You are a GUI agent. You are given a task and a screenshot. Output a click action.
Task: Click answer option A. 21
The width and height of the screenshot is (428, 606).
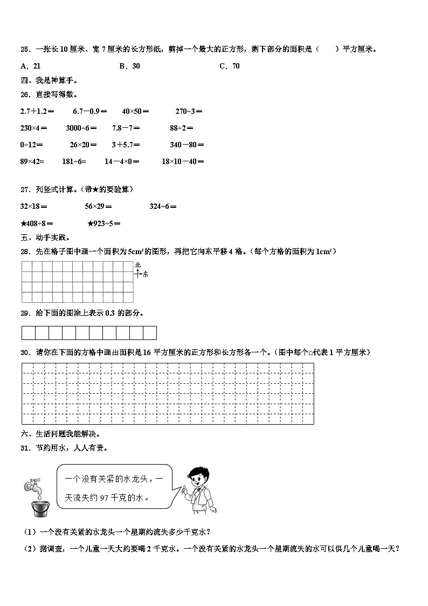tap(30, 66)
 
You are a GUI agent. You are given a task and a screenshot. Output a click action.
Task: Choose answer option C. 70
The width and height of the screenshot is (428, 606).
tap(229, 66)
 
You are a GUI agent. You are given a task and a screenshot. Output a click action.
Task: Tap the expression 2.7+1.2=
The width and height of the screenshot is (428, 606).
tap(37, 111)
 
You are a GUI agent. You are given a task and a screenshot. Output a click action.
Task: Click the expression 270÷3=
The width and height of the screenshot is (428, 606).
tap(189, 111)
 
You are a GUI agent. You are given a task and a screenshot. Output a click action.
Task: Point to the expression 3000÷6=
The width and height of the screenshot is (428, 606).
tap(81, 128)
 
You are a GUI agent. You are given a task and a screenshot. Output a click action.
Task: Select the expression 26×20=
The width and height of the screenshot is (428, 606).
tap(83, 145)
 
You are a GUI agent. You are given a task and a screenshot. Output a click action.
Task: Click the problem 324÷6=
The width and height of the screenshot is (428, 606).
tap(163, 206)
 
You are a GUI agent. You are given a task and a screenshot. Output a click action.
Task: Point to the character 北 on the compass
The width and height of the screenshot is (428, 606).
tap(138, 264)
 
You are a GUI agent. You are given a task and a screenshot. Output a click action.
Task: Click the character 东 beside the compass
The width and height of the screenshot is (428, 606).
tap(145, 274)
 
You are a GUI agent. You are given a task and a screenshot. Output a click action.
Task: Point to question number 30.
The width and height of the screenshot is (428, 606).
tap(25, 352)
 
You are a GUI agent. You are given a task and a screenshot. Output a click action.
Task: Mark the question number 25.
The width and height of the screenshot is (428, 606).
tap(25, 50)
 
